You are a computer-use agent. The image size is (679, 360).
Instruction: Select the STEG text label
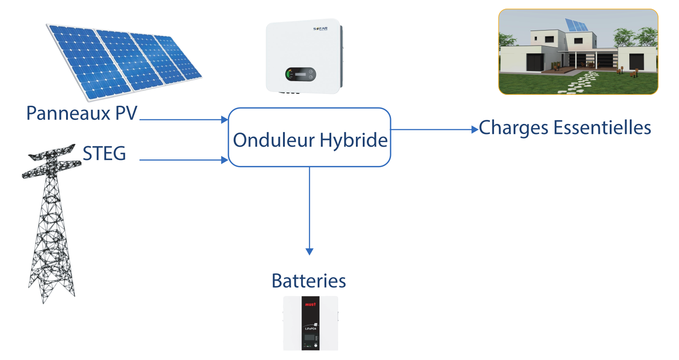(x=104, y=154)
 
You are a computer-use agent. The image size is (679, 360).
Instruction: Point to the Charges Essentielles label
(x=565, y=128)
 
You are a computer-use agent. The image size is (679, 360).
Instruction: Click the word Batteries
(x=309, y=281)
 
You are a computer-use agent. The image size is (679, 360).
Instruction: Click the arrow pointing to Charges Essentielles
(x=433, y=130)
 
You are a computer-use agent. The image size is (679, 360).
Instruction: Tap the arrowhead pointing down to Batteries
(x=309, y=251)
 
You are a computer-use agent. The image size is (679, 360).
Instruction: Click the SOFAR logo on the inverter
(x=320, y=29)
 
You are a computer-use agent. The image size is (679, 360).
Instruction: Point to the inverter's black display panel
(x=300, y=74)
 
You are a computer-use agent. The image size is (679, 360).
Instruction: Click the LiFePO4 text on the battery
(x=310, y=328)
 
